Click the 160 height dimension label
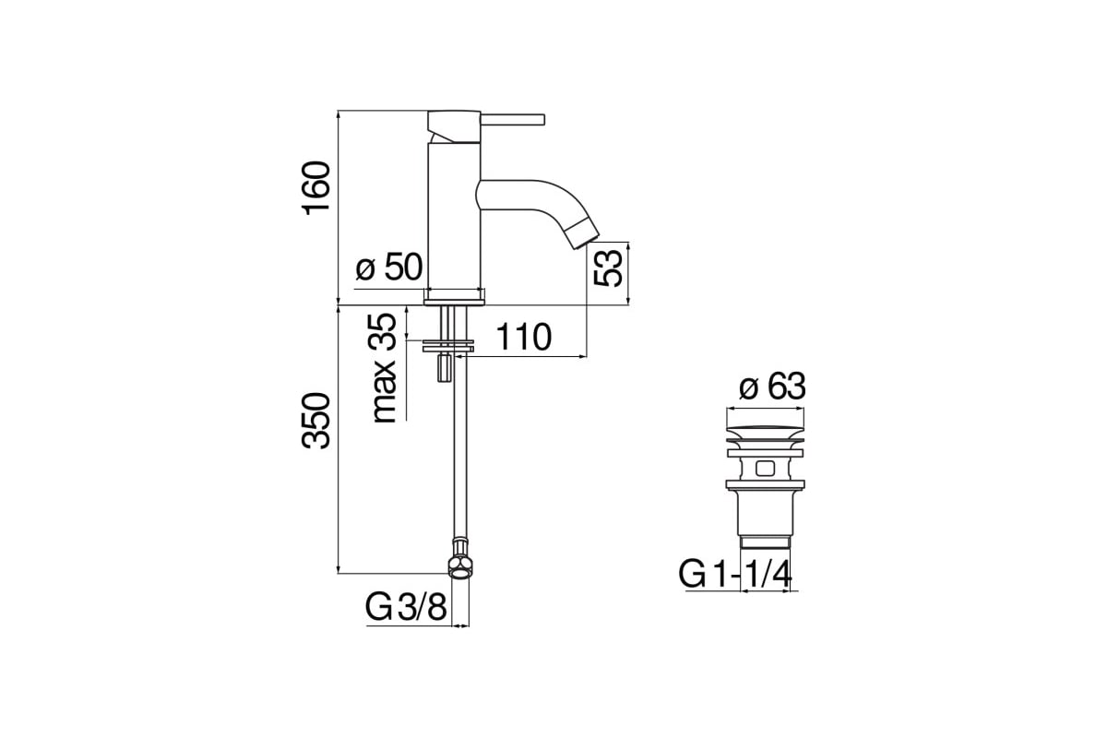coord(316,188)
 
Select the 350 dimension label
coord(316,421)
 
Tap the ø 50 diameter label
coord(389,267)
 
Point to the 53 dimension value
coord(607,268)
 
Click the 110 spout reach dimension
coord(523,337)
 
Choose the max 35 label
coord(384,368)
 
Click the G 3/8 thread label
coord(406,607)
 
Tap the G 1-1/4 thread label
coord(735,574)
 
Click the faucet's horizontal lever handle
coord(513,120)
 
